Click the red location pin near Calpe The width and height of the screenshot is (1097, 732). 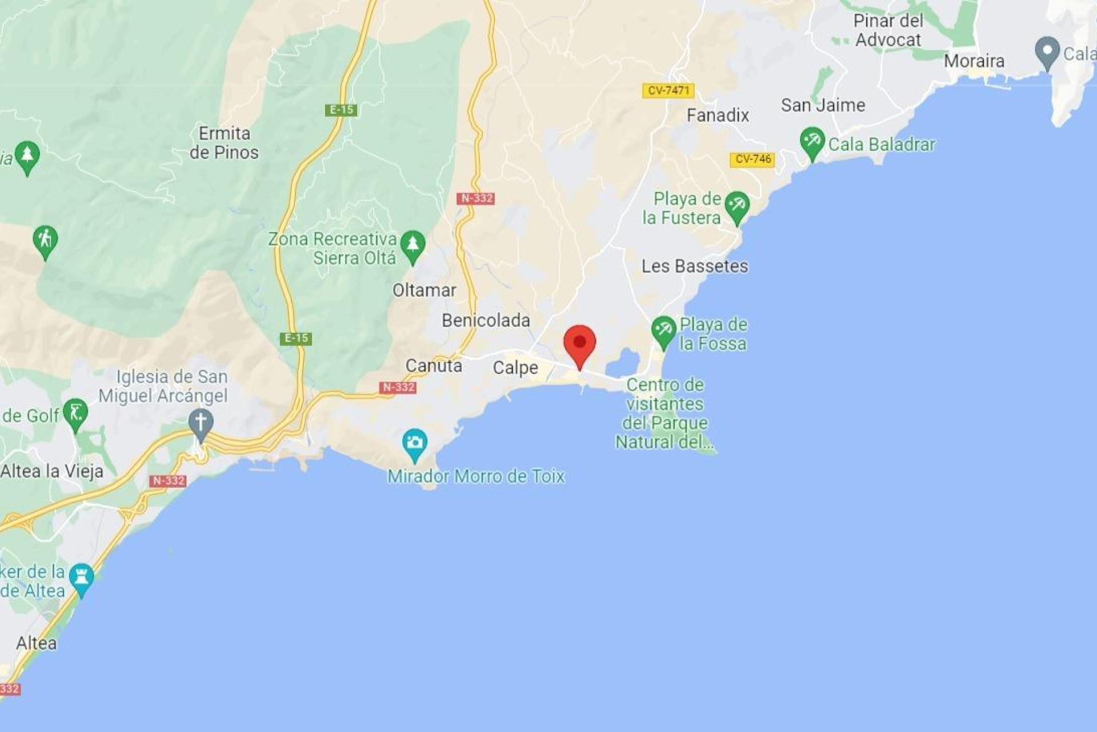[579, 343]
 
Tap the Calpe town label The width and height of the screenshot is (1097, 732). [515, 368]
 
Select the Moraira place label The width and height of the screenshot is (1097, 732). [974, 61]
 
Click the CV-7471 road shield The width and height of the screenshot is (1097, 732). [668, 90]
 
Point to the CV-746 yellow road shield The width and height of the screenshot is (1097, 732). [752, 159]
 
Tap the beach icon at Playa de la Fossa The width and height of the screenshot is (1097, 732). [663, 330]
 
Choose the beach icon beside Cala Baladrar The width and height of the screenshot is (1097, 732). [812, 141]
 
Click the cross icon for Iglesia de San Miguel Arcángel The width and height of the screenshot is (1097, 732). [201, 423]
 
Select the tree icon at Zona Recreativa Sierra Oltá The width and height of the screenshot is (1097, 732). [413, 245]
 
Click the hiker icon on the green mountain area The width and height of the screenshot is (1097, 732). [45, 240]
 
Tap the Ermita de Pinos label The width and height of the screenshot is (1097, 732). [224, 143]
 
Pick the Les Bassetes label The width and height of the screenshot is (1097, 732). [694, 266]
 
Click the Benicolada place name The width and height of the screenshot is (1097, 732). [486, 320]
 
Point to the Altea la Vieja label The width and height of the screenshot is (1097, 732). [52, 471]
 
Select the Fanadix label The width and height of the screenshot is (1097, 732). [718, 116]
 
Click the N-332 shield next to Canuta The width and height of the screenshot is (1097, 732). [398, 387]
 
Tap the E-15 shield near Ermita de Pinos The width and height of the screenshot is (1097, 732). [341, 110]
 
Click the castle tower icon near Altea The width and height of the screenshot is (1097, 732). [81, 578]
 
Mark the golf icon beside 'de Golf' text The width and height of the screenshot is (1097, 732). [75, 413]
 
